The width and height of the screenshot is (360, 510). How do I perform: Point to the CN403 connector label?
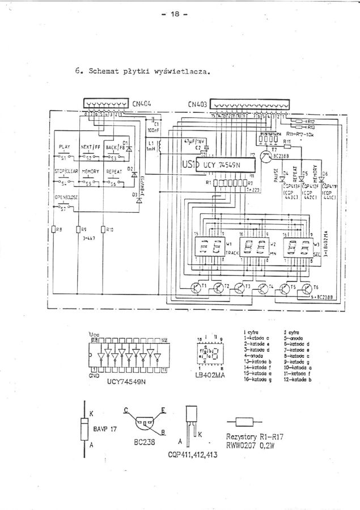[197, 104]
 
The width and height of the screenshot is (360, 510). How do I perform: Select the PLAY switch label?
[64, 146]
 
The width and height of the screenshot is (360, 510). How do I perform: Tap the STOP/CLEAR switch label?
[66, 171]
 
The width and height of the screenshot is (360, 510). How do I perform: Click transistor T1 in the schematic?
[197, 288]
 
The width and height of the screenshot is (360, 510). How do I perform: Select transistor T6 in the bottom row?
[307, 288]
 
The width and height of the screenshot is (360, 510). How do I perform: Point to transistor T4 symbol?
[262, 288]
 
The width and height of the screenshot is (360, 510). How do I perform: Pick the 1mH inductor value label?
[150, 150]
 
